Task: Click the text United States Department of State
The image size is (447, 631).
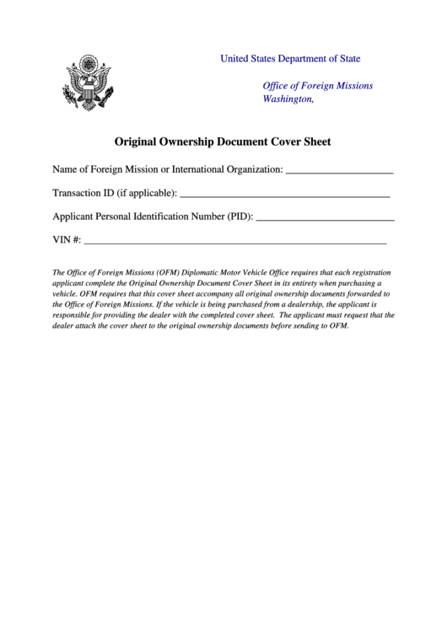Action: [x=290, y=59]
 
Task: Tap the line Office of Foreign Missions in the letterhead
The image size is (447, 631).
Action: [x=317, y=86]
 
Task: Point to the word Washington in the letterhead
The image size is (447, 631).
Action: [x=288, y=99]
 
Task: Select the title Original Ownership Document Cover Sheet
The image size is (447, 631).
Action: [x=223, y=142]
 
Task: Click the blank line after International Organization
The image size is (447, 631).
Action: [x=340, y=171]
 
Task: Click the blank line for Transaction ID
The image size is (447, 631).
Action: [x=285, y=195]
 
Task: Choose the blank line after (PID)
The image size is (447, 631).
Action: [x=325, y=218]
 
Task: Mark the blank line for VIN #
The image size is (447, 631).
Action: [x=234, y=242]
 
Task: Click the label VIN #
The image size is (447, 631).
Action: [x=67, y=240]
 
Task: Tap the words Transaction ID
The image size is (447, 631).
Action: [x=83, y=193]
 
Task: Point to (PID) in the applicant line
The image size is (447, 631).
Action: [x=239, y=217]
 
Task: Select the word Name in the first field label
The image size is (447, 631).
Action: [x=66, y=169]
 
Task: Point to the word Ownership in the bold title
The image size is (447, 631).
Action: [x=183, y=142]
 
